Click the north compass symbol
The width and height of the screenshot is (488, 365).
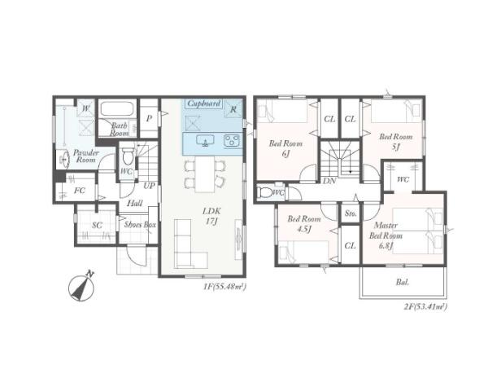point(81,288)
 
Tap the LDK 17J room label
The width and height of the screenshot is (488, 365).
point(211,216)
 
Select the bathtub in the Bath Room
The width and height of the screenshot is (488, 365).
point(117,108)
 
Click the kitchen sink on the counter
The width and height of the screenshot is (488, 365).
point(206,141)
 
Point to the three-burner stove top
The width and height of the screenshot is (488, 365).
point(232,140)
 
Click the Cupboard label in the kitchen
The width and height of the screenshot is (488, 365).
point(204,103)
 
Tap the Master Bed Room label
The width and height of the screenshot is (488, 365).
point(386,235)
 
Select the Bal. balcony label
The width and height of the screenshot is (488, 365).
point(403,283)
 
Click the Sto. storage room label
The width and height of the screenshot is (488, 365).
point(351,213)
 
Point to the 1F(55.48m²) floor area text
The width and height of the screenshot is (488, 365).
point(224,287)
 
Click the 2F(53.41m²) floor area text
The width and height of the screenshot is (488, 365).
point(425,306)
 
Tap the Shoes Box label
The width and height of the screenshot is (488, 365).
point(140,224)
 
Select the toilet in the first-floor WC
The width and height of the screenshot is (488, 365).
point(128,156)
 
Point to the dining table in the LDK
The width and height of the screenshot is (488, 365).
point(205,174)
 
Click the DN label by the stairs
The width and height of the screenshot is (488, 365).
point(329,181)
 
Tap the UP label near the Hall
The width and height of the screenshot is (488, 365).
point(149,186)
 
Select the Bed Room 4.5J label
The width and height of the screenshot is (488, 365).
point(303,224)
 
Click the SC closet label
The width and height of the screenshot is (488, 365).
point(97,225)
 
